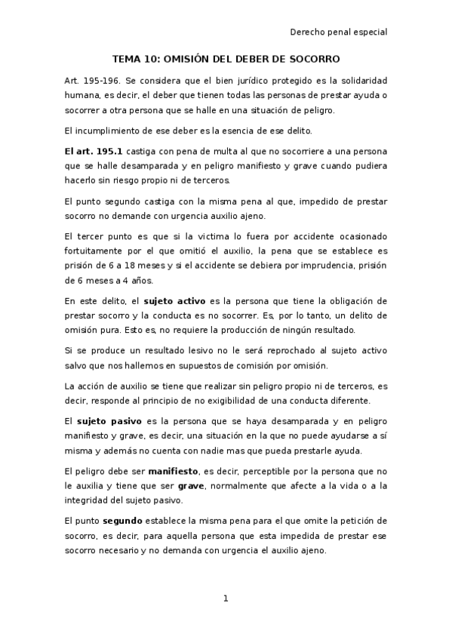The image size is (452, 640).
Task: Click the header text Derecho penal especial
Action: (338, 32)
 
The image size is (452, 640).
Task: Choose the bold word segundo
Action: (122, 522)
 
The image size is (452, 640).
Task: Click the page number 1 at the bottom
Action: (225, 598)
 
